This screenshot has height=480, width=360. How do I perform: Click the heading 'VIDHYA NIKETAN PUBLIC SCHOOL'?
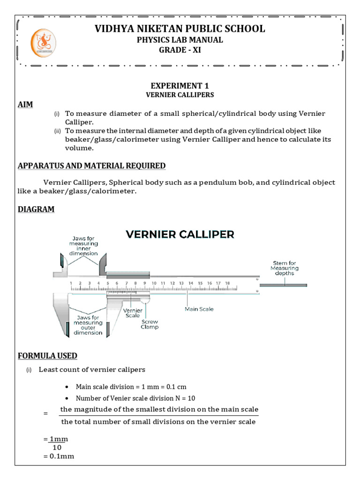pos(180,29)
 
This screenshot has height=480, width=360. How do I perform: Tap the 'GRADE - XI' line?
pos(180,50)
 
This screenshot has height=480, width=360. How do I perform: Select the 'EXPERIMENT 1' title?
pos(180,86)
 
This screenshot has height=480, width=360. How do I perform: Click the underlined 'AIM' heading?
pos(25,105)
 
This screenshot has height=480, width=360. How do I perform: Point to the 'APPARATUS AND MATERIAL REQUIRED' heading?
pos(91,166)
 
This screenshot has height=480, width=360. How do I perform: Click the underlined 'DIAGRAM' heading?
pos(36,210)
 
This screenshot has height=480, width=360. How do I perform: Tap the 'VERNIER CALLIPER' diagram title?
pos(180,234)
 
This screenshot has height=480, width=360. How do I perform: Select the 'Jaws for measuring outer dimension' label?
pos(89,325)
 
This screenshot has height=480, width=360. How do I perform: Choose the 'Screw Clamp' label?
pos(150,324)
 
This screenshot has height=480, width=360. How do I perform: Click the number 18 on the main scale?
pos(227,283)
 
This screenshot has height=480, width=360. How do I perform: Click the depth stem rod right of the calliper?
pos(284,285)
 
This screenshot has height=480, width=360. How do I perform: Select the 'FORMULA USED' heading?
pos(47,356)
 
